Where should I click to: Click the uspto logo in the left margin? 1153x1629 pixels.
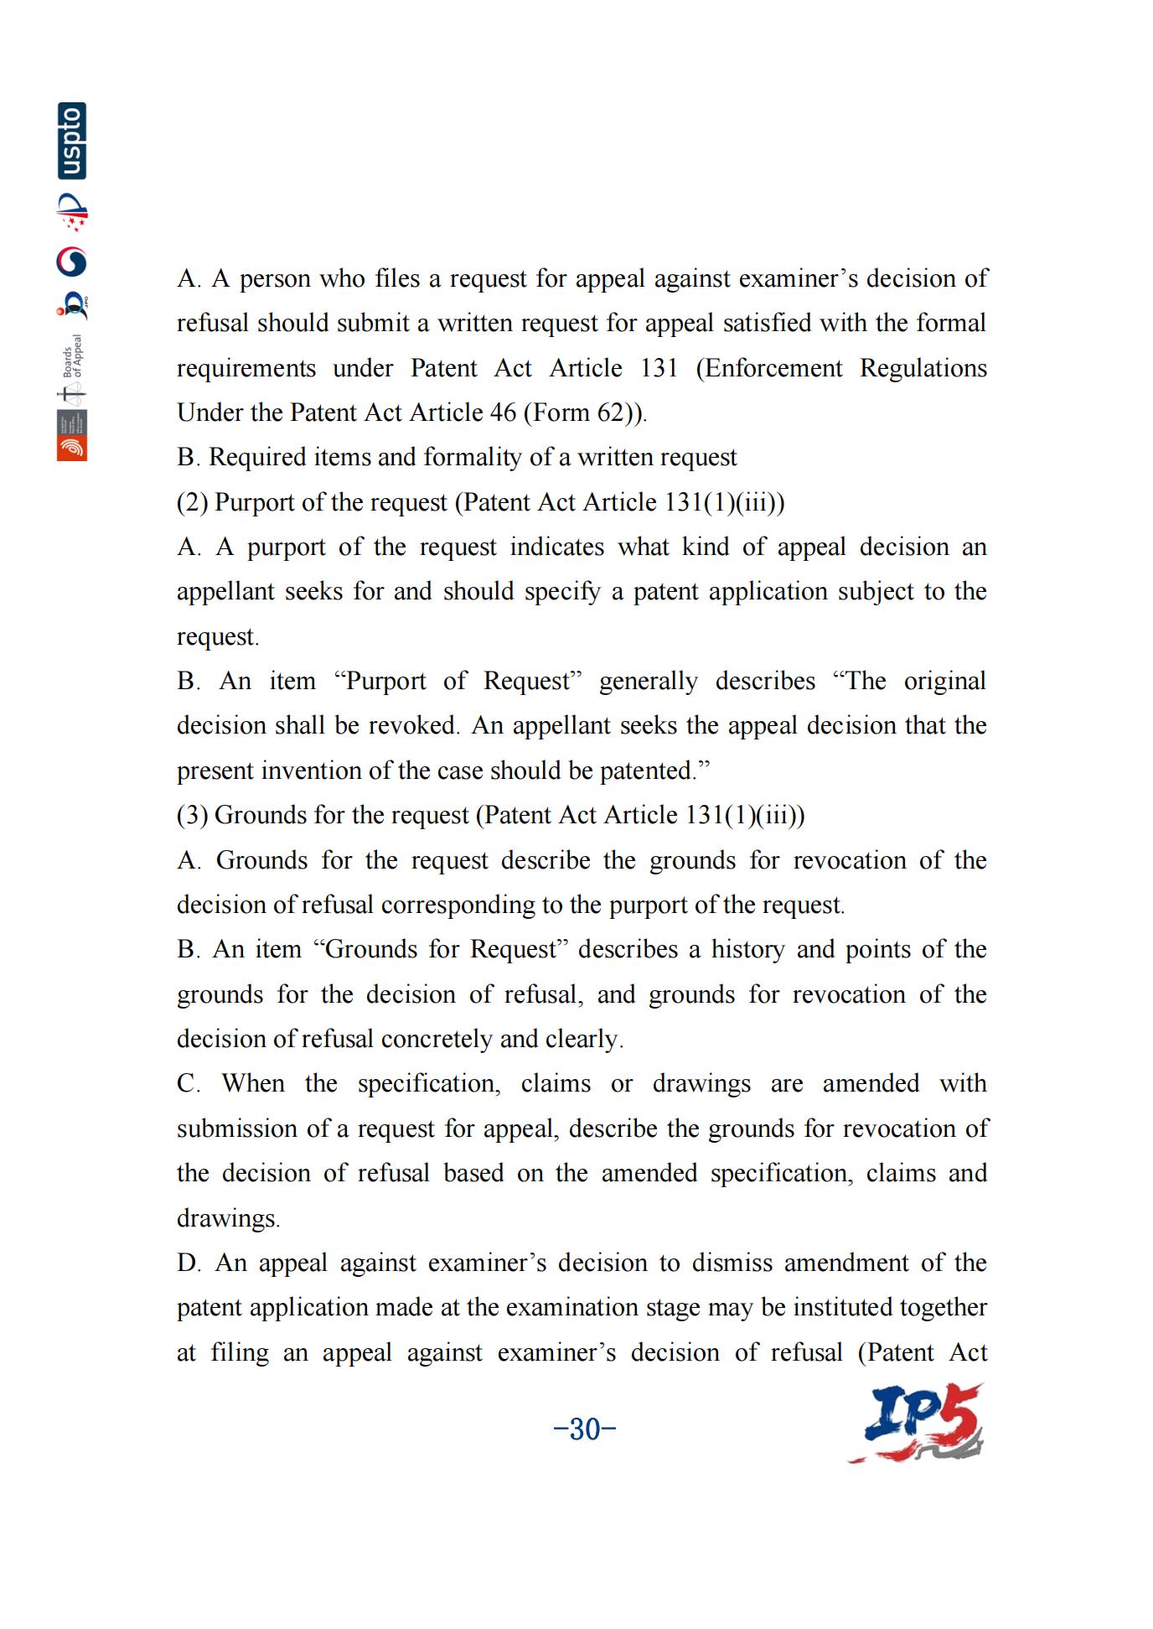tap(72, 141)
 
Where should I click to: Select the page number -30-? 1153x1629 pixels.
tap(585, 1429)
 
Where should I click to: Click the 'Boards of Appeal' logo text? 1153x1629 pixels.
tap(74, 356)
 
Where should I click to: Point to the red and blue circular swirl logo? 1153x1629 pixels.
tap(72, 262)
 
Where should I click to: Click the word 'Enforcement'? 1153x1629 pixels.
tap(769, 368)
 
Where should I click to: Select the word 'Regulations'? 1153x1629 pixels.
tap(923, 368)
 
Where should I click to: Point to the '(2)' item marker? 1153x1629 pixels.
tap(192, 502)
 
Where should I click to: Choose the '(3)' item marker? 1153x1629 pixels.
tap(192, 815)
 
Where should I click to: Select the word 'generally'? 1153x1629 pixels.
tap(648, 681)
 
